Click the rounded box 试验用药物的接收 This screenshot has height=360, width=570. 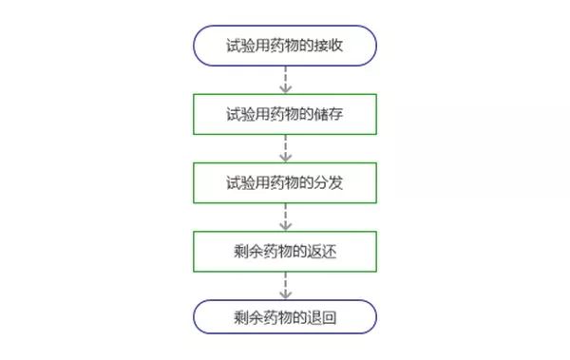[x=285, y=45]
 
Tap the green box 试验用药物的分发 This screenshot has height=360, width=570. [x=285, y=181]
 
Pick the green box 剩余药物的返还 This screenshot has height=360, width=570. [x=285, y=250]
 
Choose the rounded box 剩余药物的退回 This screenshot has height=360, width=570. [x=285, y=317]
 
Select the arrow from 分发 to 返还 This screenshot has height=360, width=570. [x=285, y=216]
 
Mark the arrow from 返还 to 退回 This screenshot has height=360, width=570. [x=285, y=284]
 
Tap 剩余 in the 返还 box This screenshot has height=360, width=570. [x=247, y=250]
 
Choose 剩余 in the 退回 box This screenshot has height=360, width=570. [x=247, y=317]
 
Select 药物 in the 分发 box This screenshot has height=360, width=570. [x=285, y=181]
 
